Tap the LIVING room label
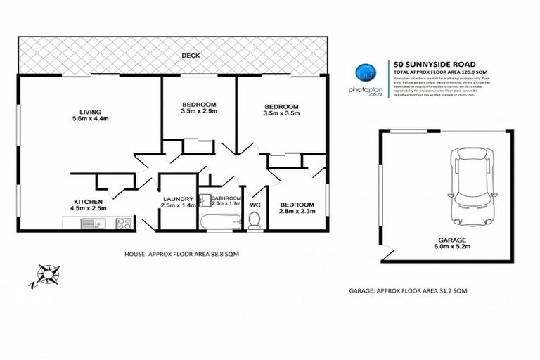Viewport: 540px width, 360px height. tap(90, 112)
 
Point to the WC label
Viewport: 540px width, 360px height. tap(255, 205)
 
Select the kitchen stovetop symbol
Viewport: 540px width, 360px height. tap(124, 224)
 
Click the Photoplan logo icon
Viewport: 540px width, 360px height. tap(364, 71)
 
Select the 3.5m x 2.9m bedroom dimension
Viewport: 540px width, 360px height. tap(199, 110)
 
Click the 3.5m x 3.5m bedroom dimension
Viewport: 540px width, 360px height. tap(281, 115)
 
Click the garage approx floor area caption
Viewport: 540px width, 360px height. tap(408, 290)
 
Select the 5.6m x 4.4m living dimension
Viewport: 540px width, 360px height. tap(90, 119)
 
